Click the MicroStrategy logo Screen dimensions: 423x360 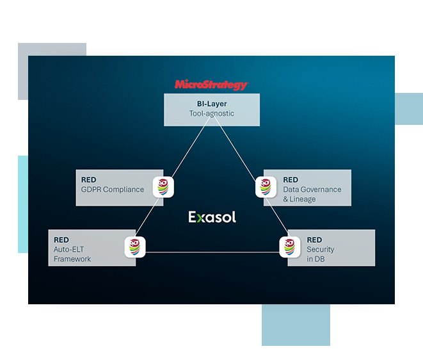pos(211,85)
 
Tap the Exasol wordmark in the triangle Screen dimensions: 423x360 pos(212,217)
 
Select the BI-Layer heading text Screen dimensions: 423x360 pos(212,104)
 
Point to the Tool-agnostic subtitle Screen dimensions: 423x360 pos(212,113)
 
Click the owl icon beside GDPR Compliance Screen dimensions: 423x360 pos(163,187)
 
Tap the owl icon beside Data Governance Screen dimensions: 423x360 pos(266,187)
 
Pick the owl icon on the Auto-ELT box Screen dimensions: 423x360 pos(135,247)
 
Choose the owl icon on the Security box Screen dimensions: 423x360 pos(290,247)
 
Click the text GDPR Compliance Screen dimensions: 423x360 pos(113,190)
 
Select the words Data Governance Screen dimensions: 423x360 pos(312,190)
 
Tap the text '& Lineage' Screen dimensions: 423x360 pos(299,199)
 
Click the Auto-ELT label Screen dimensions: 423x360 pos(68,250)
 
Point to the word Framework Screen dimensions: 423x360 pos(72,259)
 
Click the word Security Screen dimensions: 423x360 pos(321,250)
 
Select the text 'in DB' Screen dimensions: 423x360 pos(315,259)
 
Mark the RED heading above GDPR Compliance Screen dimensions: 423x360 pos(88,180)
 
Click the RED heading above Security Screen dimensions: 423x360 pos(314,240)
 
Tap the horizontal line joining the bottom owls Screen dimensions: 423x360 pos(212,252)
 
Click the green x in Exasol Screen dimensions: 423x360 pos(199,218)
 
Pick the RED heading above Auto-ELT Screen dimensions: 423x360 pos(61,240)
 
